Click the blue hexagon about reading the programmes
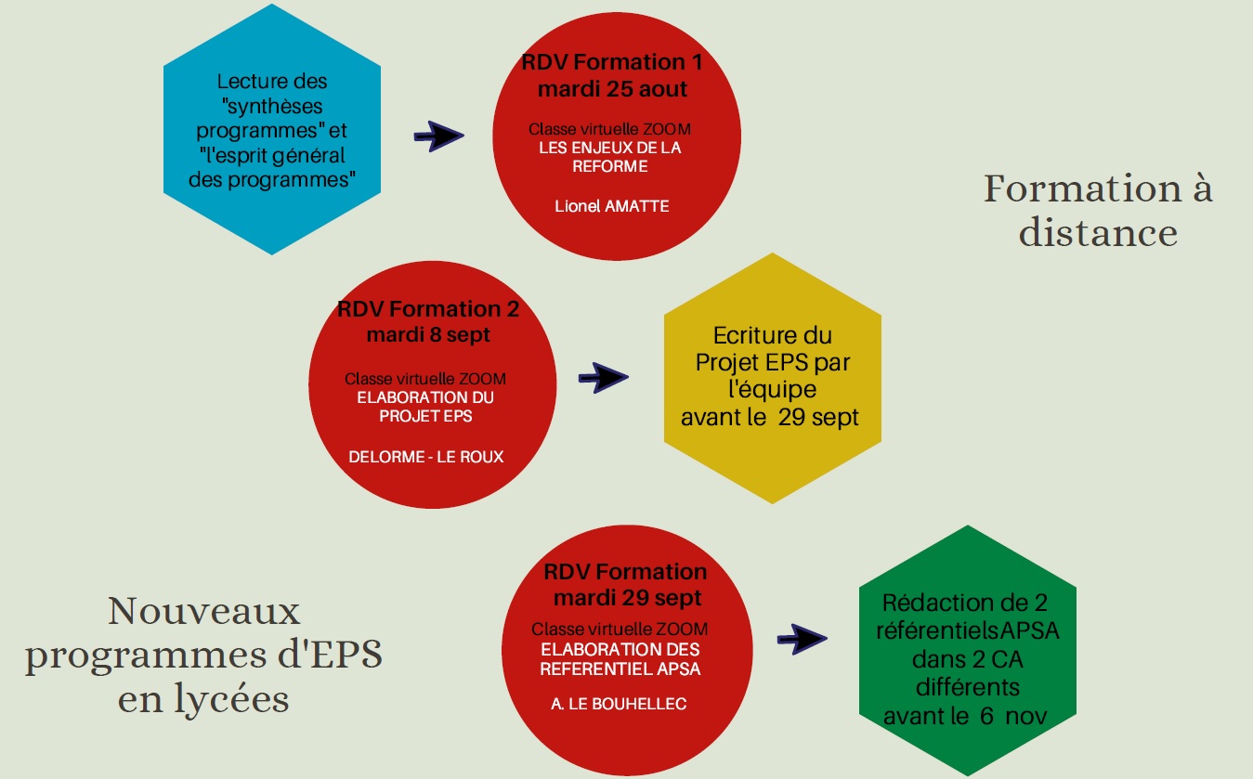pyautogui.click(x=271, y=130)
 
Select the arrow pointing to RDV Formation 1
pyautogui.click(x=438, y=137)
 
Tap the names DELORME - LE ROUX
pyautogui.click(x=426, y=456)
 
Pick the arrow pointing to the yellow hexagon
pyautogui.click(x=603, y=377)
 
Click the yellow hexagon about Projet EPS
pyautogui.click(x=772, y=377)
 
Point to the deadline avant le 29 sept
pyautogui.click(x=770, y=418)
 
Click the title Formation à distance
pyautogui.click(x=1098, y=211)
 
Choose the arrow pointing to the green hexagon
pyautogui.click(x=802, y=638)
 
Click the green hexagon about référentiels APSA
pyautogui.click(x=967, y=650)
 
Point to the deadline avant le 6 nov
pyautogui.click(x=966, y=716)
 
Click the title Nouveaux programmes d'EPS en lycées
pyautogui.click(x=204, y=655)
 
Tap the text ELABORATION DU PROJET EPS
pyautogui.click(x=426, y=407)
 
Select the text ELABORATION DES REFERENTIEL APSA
pyautogui.click(x=620, y=659)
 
